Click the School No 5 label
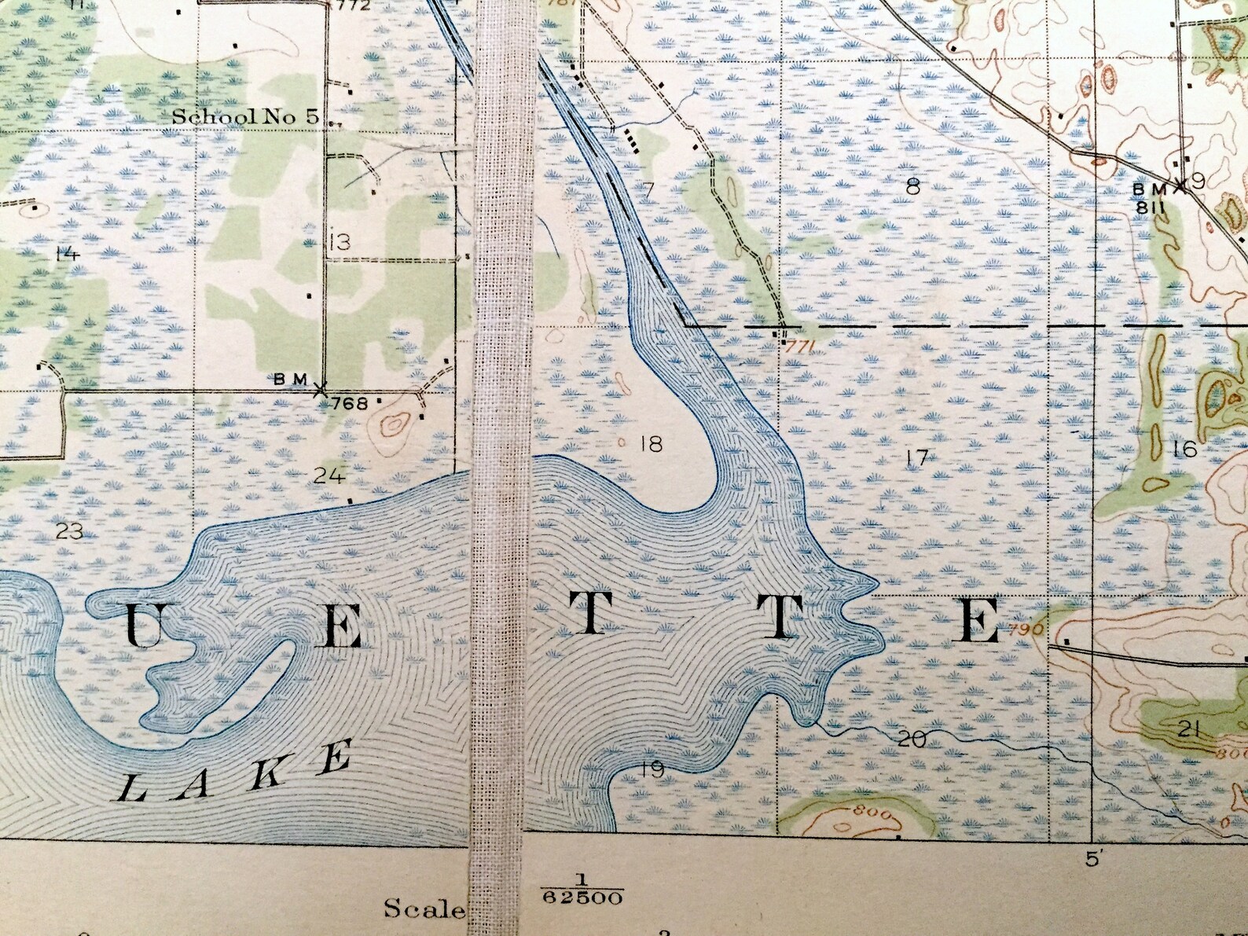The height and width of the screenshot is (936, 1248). point(245,117)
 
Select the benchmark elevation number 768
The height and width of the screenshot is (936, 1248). point(350,404)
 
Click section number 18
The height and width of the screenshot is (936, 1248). point(652,444)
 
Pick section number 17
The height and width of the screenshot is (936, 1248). point(916,457)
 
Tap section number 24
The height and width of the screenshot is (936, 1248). point(329,475)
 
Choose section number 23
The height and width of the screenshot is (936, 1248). point(70,531)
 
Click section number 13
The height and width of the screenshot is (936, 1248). point(339,242)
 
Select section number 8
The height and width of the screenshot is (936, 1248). point(912,187)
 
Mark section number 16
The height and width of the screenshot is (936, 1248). point(1184,449)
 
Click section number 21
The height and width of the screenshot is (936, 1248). point(1189,729)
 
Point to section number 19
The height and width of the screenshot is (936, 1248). point(652,769)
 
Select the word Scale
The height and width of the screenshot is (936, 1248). point(424,908)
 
